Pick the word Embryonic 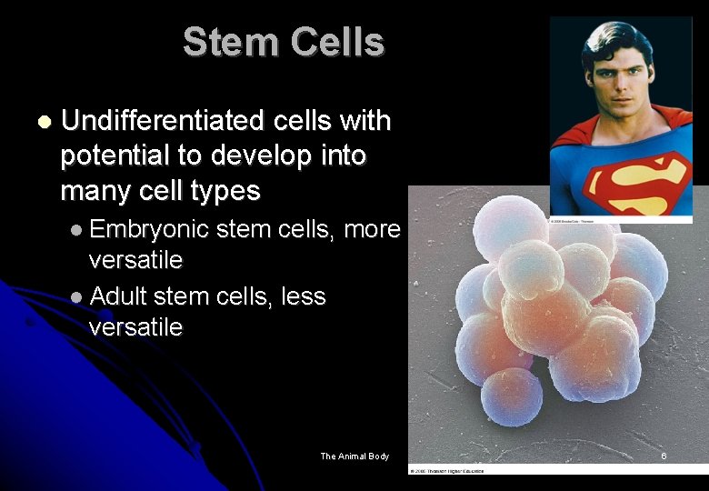150,229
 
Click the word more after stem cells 373,229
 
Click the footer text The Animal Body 354,456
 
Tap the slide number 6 664,456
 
